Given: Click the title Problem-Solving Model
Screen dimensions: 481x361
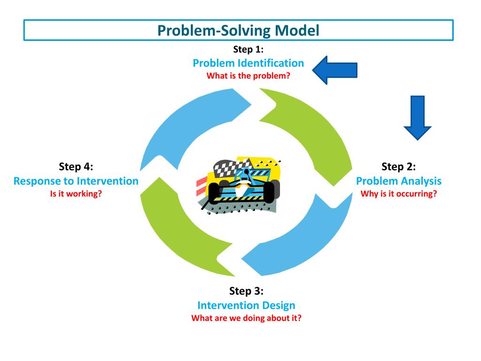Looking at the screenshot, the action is pyautogui.click(x=238, y=31).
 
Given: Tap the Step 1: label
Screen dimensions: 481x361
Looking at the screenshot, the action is pyautogui.click(x=248, y=49).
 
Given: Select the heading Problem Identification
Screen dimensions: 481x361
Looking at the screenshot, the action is pyautogui.click(x=248, y=63).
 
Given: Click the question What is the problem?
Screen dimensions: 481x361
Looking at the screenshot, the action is pyautogui.click(x=248, y=76).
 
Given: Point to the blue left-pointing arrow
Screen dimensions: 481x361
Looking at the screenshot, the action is pyautogui.click(x=334, y=70).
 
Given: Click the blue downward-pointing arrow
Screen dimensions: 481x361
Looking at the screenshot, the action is pyautogui.click(x=417, y=118).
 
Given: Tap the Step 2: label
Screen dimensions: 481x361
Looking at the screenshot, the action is pyautogui.click(x=398, y=166).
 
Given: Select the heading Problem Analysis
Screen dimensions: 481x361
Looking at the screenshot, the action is pyautogui.click(x=398, y=181).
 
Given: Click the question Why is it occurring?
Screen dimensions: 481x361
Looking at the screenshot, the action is pyautogui.click(x=398, y=194).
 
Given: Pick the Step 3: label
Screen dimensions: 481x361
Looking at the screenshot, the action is pyautogui.click(x=246, y=290).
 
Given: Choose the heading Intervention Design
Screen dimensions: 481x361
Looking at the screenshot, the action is pyautogui.click(x=246, y=305).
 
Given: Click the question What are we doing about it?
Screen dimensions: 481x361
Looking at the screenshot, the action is pyautogui.click(x=246, y=318).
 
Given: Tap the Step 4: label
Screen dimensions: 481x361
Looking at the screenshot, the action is pyautogui.click(x=76, y=166).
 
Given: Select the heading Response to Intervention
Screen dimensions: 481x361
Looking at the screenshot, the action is pyautogui.click(x=76, y=181).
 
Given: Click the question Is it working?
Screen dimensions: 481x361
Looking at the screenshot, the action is pyautogui.click(x=76, y=194).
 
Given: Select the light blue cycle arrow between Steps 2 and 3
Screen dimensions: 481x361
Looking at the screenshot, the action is pyautogui.click(x=310, y=243).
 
